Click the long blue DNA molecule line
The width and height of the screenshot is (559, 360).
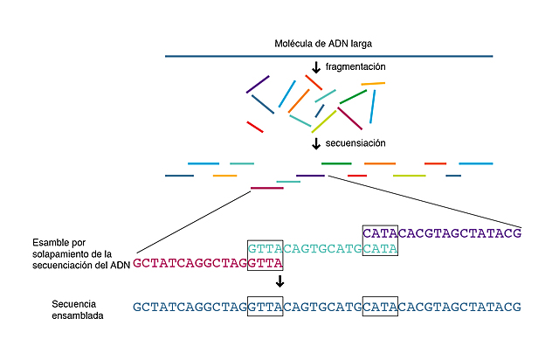328,57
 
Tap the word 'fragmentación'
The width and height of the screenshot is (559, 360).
355,67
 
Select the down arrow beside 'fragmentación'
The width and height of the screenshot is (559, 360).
316,67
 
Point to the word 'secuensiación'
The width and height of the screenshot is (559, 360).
355,143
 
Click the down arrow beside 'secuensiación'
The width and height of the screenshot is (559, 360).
316,143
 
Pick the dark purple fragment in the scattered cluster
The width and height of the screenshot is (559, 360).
258,84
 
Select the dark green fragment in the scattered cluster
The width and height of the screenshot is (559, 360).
353,96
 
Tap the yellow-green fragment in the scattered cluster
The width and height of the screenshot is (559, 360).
324,121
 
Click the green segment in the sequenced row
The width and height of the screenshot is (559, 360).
336,163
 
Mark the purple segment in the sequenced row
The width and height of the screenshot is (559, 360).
310,176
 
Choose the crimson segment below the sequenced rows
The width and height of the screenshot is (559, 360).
266,188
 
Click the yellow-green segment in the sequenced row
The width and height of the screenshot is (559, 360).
409,176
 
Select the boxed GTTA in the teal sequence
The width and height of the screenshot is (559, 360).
265,248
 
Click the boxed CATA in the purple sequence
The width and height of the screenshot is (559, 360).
380,233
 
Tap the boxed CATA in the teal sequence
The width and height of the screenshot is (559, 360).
380,248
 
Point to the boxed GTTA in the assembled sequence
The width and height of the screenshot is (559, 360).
265,307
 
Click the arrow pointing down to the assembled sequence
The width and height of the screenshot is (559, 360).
279,281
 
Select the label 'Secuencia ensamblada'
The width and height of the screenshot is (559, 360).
78,308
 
